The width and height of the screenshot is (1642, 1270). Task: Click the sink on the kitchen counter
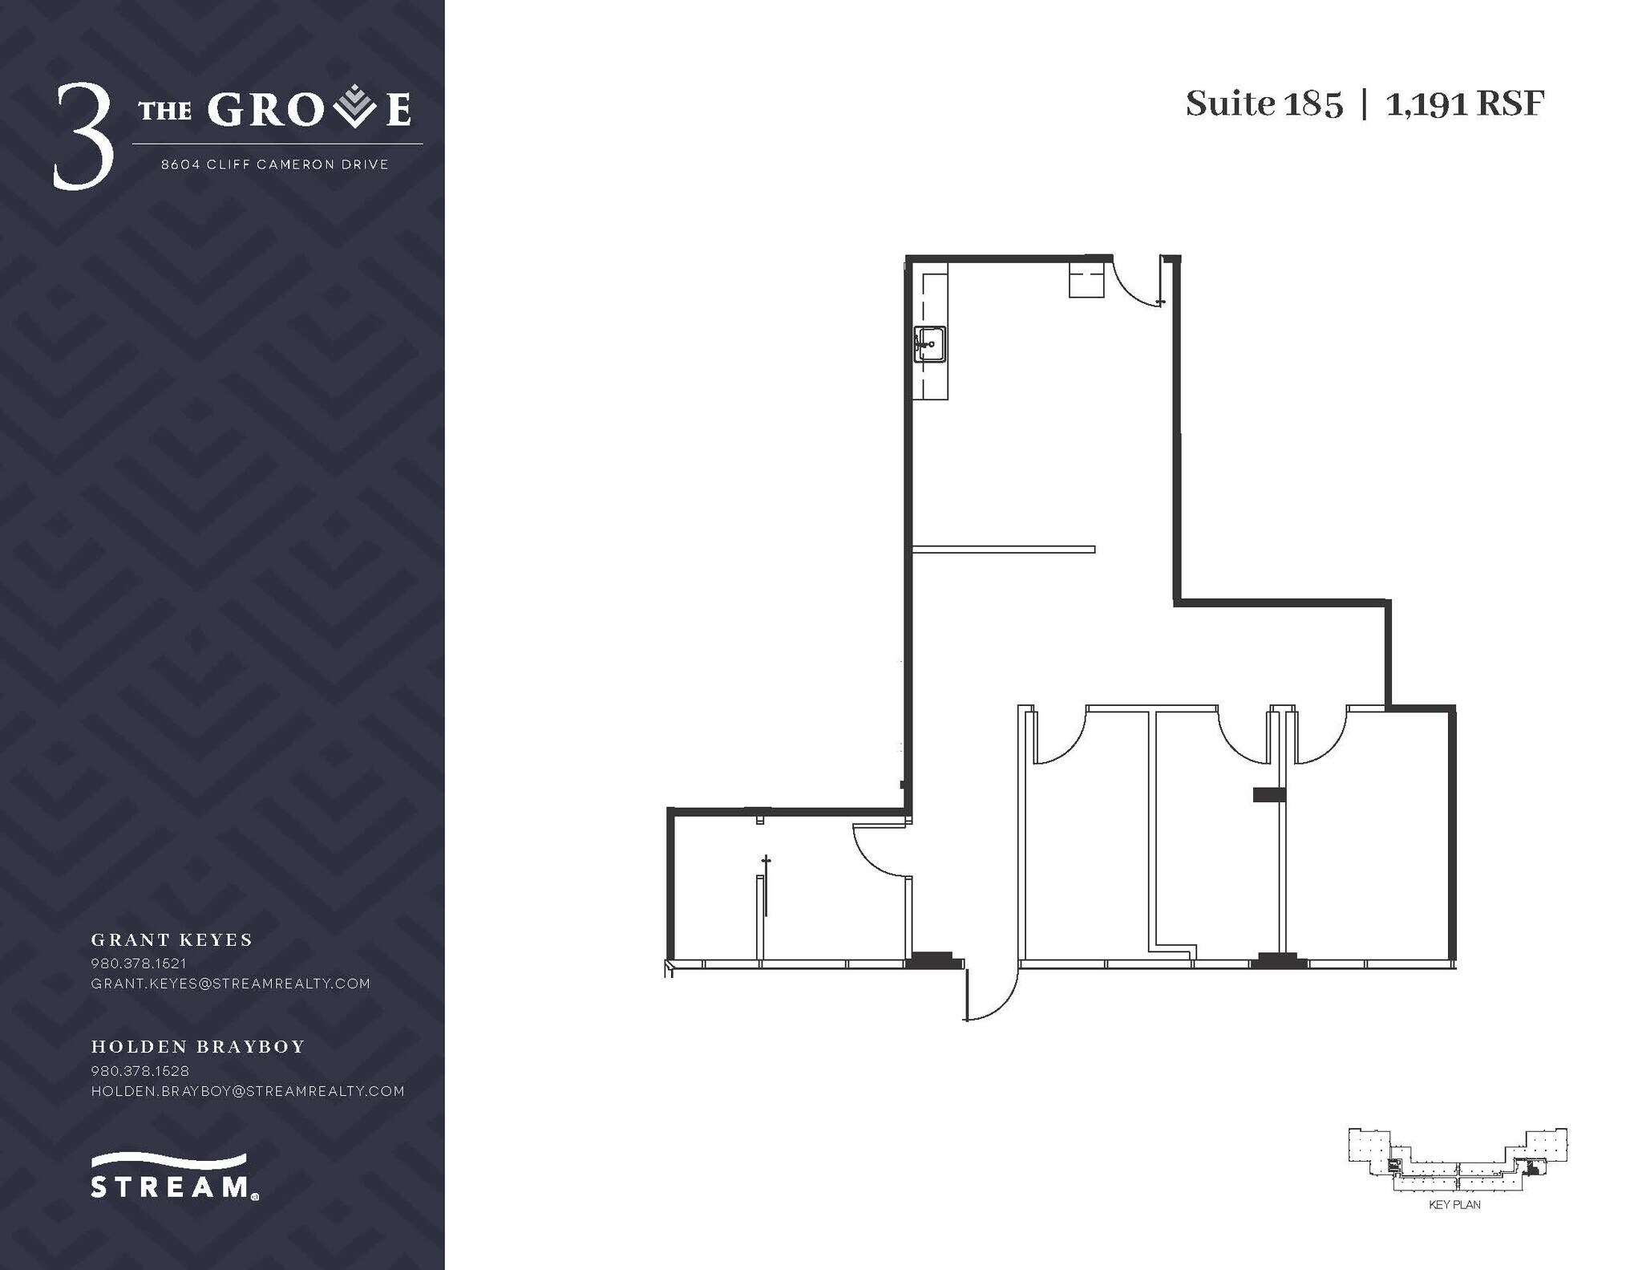930,344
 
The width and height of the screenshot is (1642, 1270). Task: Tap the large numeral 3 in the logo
83,137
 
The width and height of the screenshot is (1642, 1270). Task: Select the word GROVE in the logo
309,110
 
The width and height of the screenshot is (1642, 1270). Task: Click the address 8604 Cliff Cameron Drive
275,164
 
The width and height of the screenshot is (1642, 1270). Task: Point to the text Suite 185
1264,104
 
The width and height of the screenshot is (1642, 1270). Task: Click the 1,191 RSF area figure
1464,104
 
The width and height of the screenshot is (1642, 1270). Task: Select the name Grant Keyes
172,939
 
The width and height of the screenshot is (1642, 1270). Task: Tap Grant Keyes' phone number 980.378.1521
139,963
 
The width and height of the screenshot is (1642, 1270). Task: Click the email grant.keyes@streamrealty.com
231,984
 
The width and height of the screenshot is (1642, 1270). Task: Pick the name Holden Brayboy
198,1046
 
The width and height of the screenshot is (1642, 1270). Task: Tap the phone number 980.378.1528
140,1070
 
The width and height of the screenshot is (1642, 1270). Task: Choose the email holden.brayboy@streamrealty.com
248,1091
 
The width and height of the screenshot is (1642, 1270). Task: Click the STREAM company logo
173,1177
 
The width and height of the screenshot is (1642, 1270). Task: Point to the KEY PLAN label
1454,1227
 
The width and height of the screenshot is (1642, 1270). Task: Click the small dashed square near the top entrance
1086,282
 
